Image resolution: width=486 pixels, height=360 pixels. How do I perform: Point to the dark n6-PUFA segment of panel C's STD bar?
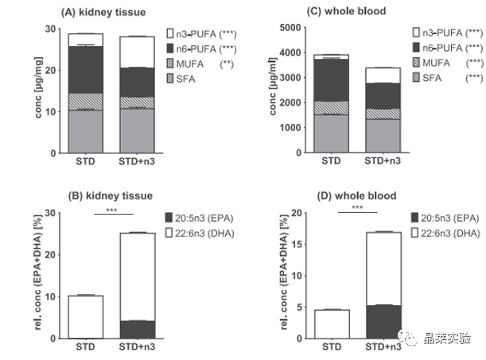click(324, 79)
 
